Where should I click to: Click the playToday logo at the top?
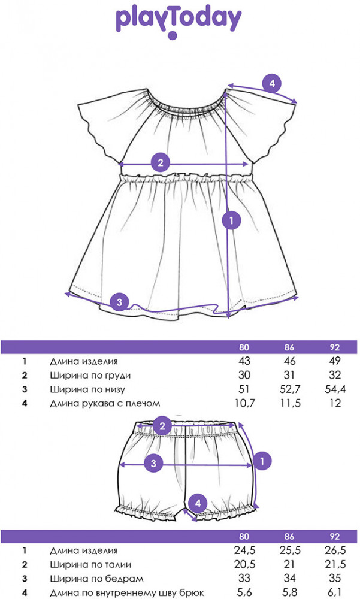(179, 21)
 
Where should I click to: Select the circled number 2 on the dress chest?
(159, 162)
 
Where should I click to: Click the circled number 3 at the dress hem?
(120, 302)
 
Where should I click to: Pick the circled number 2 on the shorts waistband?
(161, 426)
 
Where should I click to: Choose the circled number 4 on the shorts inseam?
(199, 502)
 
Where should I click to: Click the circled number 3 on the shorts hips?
(153, 462)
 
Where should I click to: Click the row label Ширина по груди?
(90, 376)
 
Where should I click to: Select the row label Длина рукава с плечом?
(105, 403)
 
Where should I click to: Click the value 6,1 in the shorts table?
(335, 593)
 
